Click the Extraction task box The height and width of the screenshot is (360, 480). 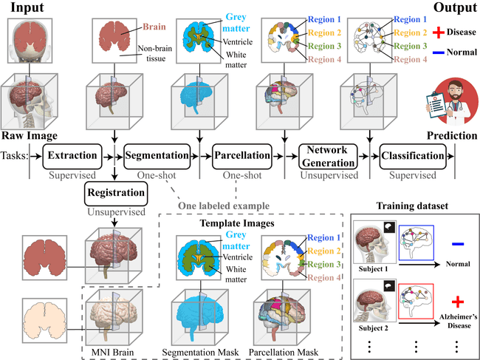71,157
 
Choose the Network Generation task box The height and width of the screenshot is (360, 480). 328,157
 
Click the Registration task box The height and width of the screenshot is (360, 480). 114,194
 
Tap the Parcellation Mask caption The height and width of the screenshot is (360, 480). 286,347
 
